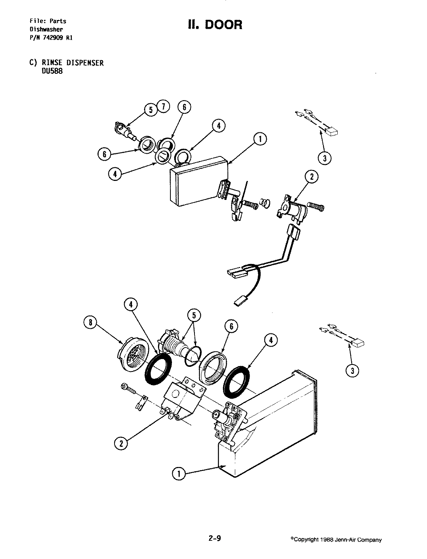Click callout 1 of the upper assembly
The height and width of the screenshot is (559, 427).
click(260, 139)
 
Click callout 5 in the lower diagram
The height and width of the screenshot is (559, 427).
click(194, 315)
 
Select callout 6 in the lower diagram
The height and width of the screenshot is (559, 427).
click(231, 326)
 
